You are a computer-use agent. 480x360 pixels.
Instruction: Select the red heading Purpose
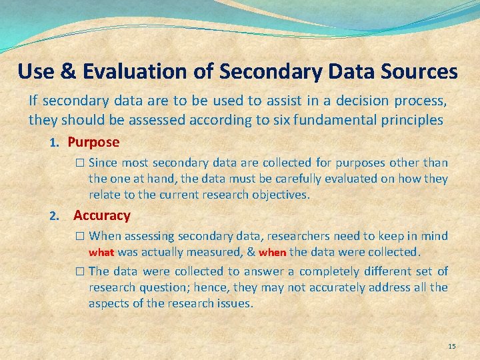click(93, 142)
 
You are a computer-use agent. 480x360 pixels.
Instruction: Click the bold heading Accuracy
click(102, 215)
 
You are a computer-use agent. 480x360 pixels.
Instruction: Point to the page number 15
click(452, 346)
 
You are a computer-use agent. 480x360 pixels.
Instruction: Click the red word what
click(101, 253)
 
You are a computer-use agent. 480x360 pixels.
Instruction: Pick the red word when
click(272, 253)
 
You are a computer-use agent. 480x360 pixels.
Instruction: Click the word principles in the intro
click(411, 121)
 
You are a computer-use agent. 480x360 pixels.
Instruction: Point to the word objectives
click(282, 195)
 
